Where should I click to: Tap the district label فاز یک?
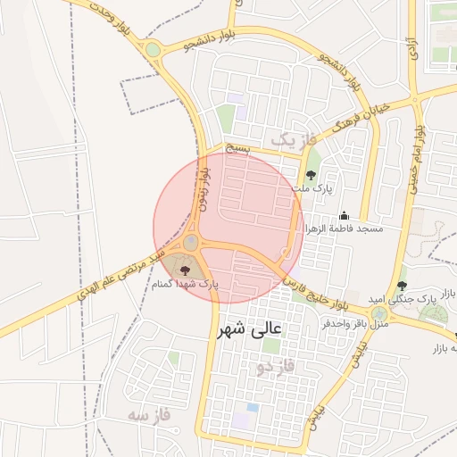294,139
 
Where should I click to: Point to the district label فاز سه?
147,416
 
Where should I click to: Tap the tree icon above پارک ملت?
311,175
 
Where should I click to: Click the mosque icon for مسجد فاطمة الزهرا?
345,215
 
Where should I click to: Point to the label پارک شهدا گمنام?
185,283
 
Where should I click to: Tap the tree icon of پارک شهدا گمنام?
185,268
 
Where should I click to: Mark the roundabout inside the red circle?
191,242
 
